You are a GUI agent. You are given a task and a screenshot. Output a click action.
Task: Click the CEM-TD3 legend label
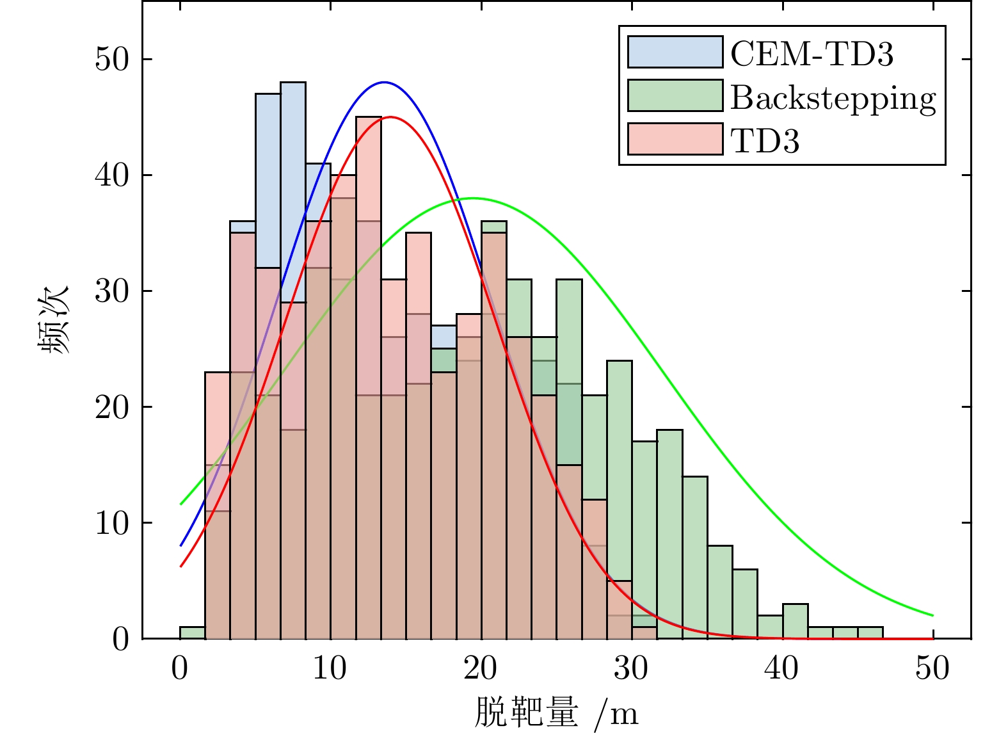tap(812, 54)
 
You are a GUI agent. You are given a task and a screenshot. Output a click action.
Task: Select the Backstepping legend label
tap(833, 98)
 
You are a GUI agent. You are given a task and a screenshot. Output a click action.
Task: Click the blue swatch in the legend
tap(675, 52)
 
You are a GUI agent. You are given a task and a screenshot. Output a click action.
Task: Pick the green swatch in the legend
tap(675, 96)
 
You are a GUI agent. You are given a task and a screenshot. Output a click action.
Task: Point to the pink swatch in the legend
tap(675, 139)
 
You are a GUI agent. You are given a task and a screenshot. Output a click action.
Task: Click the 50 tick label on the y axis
tap(112, 60)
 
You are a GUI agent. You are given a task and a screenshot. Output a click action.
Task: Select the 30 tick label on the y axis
tap(112, 291)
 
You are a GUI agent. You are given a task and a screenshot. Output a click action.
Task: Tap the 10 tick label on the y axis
tap(112, 523)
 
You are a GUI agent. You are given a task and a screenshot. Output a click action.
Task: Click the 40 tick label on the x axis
tap(782, 668)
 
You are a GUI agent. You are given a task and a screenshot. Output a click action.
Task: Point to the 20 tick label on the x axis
tap(481, 668)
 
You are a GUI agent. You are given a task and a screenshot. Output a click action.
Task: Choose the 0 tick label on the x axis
tap(180, 668)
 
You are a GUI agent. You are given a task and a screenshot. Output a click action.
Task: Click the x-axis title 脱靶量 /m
tap(556, 712)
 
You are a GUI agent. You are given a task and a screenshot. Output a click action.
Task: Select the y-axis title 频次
tap(54, 320)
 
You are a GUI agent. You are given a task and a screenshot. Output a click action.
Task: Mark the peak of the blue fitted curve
tap(384, 82)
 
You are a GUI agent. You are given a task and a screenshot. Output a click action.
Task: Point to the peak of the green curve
tap(472, 198)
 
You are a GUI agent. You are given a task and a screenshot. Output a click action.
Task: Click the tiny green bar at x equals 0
tap(193, 632)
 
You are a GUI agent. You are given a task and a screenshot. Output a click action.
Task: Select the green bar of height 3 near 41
tap(795, 621)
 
